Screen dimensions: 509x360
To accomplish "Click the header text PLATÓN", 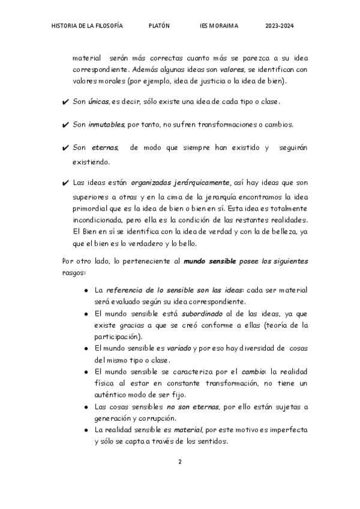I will pyautogui.click(x=159, y=26).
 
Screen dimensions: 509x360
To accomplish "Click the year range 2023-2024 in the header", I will pyautogui.click(x=279, y=26).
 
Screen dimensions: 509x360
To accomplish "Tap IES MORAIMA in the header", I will pyautogui.click(x=219, y=26).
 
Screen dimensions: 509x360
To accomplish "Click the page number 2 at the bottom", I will pyautogui.click(x=179, y=461).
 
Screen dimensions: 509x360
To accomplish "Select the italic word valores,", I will pyautogui.click(x=232, y=70).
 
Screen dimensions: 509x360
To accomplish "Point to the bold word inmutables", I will pyautogui.click(x=107, y=125).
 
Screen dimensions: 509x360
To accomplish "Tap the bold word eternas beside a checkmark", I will pyautogui.click(x=104, y=148).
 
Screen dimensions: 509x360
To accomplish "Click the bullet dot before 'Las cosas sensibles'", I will pyautogui.click(x=88, y=407).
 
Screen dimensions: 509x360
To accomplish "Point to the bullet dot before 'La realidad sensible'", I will pyautogui.click(x=88, y=430).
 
